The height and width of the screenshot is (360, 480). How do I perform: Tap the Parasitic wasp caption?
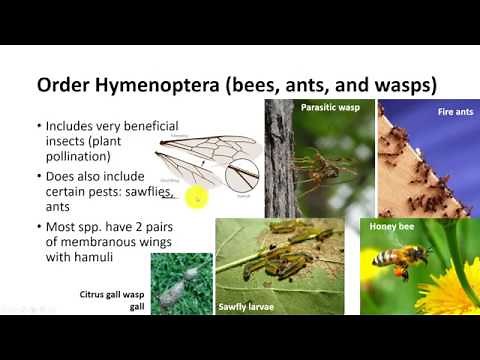coord(324,104)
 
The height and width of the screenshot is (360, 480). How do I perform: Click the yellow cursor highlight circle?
coord(197,197)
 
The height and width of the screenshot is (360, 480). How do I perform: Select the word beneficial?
coord(124,128)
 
